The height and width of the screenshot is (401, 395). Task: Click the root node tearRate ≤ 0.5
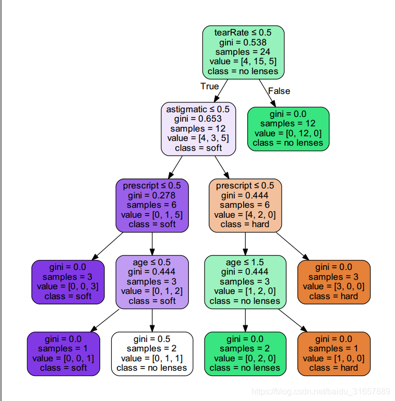243,52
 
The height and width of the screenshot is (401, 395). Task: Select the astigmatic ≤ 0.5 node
198,129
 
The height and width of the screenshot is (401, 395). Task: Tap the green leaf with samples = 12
288,129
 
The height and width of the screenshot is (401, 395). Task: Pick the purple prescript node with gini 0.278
152,205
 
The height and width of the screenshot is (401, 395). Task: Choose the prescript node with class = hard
245,205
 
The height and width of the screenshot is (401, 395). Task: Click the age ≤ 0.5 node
152,282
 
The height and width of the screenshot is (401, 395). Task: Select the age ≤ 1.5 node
245,282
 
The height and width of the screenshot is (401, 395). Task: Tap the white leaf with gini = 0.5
152,353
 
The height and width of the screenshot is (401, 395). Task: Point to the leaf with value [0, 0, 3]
68,282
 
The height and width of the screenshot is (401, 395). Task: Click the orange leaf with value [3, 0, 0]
333,282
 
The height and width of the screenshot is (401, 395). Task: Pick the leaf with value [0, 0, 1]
63,353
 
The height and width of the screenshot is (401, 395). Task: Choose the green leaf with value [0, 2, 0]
245,353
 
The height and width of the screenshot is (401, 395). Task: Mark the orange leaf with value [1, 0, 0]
333,353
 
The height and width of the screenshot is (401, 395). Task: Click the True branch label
210,87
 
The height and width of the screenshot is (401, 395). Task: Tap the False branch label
279,91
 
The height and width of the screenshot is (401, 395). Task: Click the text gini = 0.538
243,42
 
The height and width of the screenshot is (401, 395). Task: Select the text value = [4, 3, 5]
198,138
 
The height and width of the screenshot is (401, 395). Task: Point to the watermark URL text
321,391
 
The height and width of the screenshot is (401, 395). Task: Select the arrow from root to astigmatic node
221,91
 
